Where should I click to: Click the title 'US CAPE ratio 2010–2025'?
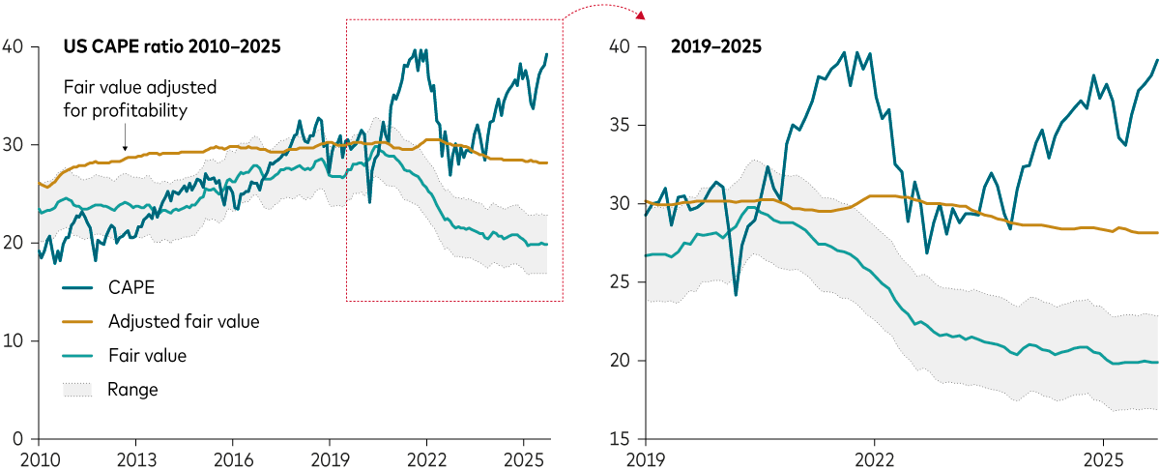[x=172, y=45]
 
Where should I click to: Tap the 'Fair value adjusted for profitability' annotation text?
[x=139, y=99]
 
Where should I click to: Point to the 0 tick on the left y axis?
[x=16, y=439]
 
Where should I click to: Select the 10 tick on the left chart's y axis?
[x=13, y=340]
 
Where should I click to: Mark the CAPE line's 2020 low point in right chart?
[x=736, y=294]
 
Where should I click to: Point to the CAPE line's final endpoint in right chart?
[x=1157, y=60]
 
